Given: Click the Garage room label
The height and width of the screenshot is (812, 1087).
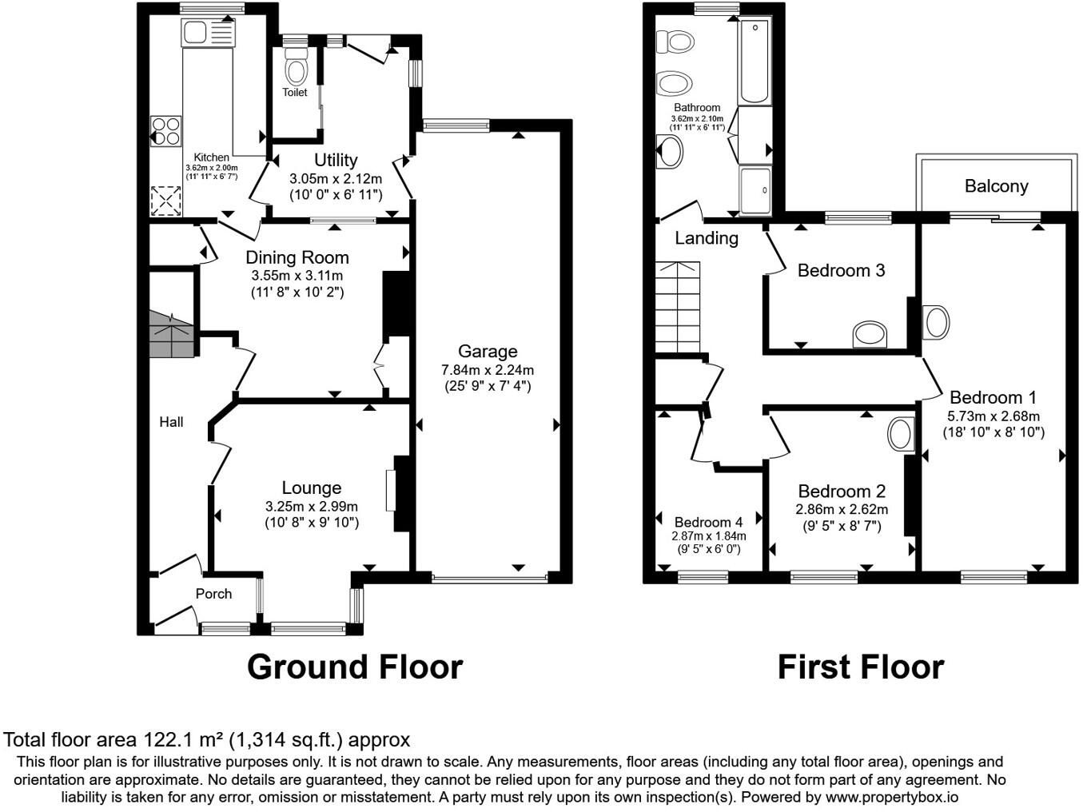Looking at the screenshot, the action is [x=488, y=351].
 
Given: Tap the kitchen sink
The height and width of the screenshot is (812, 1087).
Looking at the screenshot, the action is [x=208, y=33].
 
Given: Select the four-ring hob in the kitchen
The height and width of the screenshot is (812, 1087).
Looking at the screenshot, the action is [x=166, y=131].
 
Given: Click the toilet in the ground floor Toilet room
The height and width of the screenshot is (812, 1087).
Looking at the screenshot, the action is [x=297, y=67].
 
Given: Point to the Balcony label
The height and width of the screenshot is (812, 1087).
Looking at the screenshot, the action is [x=997, y=186].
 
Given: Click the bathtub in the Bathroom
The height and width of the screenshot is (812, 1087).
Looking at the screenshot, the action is [x=755, y=62].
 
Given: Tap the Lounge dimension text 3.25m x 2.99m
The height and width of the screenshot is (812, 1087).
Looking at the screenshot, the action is [x=312, y=507].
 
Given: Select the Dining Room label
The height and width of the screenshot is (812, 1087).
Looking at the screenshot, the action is [x=297, y=257].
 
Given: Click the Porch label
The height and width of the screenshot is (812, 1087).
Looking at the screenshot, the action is [x=213, y=594].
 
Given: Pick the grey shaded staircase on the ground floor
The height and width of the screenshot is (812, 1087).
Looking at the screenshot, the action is [x=171, y=334].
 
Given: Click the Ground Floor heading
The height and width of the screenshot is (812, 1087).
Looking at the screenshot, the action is [x=355, y=667].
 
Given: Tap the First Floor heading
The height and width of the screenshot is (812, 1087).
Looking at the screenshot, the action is [x=861, y=667].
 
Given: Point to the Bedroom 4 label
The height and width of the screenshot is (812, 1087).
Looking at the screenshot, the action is [x=709, y=522].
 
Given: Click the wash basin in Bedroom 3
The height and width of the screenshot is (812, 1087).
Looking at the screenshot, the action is [x=870, y=334].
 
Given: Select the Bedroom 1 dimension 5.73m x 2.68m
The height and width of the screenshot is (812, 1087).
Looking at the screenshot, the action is [x=993, y=416].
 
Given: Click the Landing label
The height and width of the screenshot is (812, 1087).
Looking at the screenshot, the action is [x=707, y=238].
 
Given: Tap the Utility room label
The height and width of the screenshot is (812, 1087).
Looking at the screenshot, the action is [x=336, y=160].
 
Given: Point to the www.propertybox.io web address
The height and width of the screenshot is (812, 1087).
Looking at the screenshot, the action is [x=891, y=798].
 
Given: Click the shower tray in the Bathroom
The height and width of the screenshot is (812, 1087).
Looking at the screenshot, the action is [x=755, y=191].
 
